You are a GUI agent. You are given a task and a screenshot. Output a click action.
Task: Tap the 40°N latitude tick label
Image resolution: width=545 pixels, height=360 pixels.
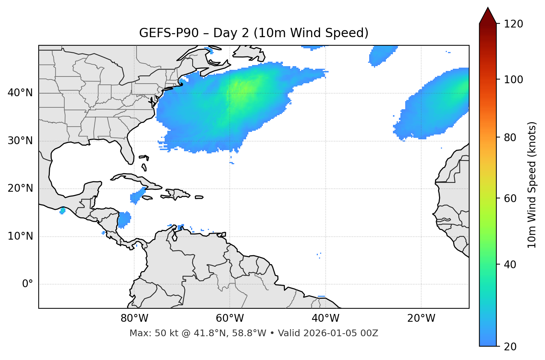click(20, 93)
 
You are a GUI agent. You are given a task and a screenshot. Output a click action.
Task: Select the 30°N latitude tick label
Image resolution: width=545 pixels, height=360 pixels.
click(20, 141)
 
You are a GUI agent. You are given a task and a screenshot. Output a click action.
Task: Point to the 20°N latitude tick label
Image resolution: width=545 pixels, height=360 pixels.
click(20, 188)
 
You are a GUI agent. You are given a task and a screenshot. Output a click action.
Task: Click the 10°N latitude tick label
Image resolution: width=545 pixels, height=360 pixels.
click(20, 236)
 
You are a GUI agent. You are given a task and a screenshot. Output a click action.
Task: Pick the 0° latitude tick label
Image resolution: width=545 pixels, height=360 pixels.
click(28, 284)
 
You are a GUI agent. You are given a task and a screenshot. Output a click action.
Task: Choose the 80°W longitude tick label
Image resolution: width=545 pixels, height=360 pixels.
click(134, 318)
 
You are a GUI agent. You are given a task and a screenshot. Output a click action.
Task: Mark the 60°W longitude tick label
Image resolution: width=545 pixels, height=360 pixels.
click(230, 318)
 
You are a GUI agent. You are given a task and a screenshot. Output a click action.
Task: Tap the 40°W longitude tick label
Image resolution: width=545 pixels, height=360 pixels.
click(325, 318)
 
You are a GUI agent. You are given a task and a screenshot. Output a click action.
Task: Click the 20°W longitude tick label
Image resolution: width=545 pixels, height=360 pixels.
click(421, 318)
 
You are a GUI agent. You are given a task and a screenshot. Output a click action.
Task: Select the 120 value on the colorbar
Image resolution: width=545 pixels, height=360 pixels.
click(514, 24)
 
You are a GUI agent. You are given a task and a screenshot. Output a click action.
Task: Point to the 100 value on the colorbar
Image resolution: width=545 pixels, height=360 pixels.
click(514, 80)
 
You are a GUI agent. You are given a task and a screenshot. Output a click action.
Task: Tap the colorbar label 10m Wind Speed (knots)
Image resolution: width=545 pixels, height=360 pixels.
click(532, 185)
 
